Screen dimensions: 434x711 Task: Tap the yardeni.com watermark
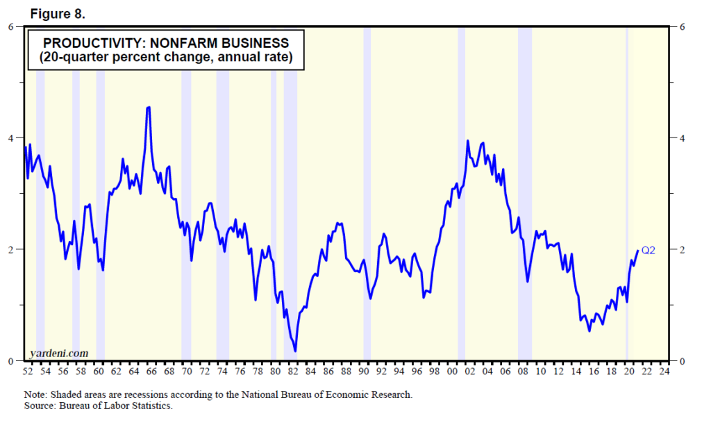60,353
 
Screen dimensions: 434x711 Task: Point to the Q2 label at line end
648,251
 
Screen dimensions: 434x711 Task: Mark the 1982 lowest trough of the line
296,351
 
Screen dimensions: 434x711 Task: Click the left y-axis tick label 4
10,138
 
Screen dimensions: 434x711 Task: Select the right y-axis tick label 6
683,26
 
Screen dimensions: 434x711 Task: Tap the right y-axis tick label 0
683,361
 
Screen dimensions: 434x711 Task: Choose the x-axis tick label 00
452,372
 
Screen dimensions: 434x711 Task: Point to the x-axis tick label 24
664,372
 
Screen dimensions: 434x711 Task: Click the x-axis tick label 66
151,372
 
